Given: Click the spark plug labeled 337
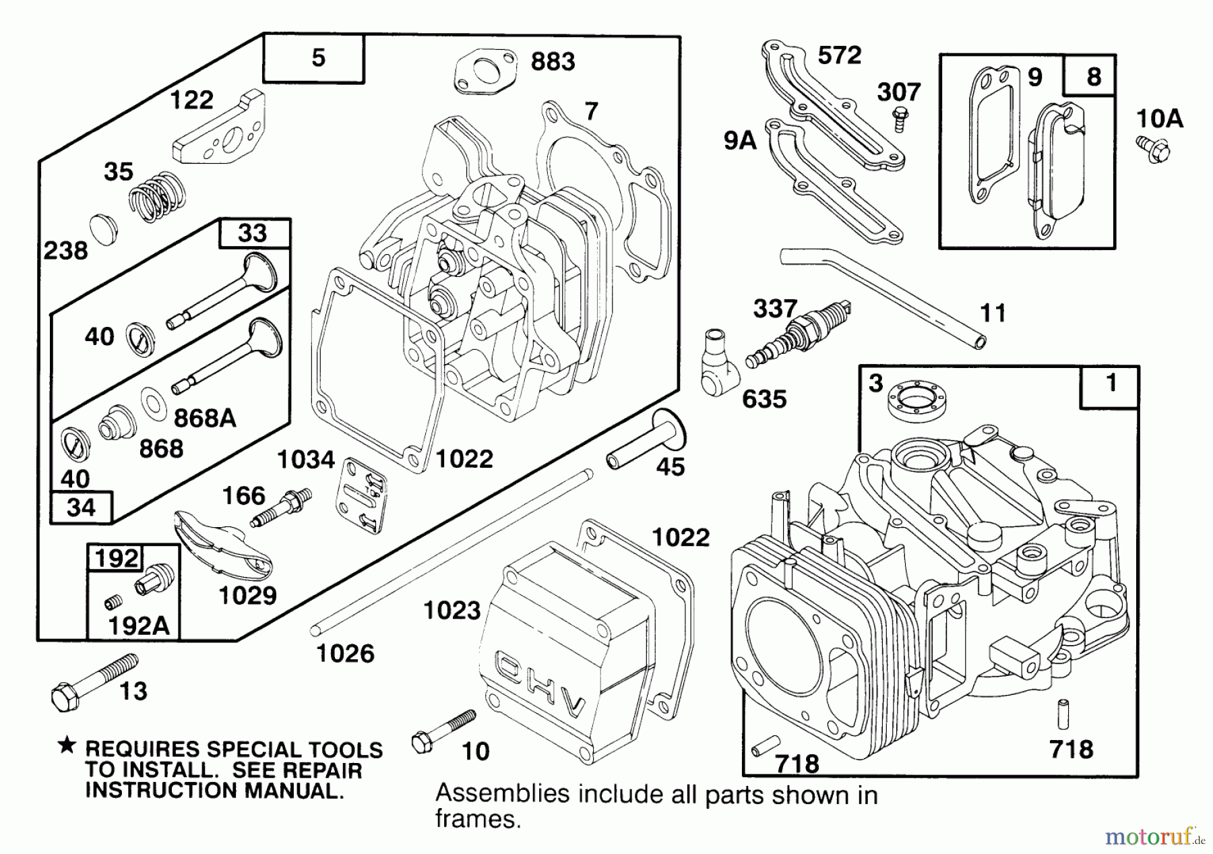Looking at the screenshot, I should point(799,334).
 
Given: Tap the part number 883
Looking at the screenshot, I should point(553,61).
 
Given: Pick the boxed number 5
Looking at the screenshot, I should point(317,58).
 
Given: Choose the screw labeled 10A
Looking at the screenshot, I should point(1154,148).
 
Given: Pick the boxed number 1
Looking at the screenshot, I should point(1111,384).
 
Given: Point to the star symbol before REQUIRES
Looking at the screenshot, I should point(66,745).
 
